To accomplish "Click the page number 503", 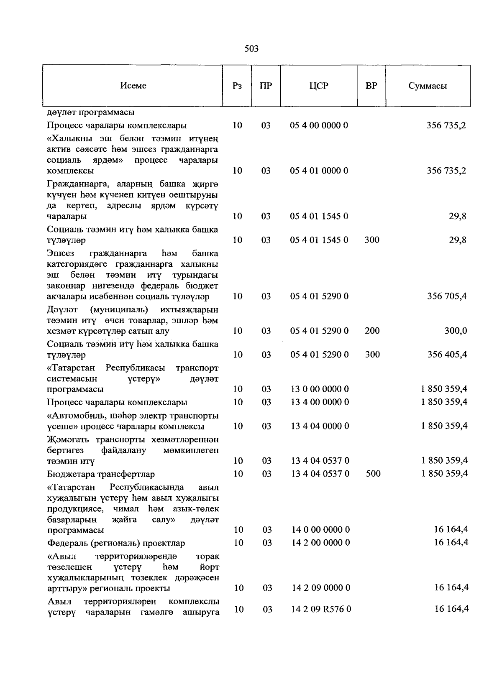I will click(251, 49).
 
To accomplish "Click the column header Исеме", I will click(133, 86).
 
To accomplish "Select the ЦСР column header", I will click(319, 86).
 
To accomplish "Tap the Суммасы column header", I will click(428, 86).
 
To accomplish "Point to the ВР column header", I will click(371, 86).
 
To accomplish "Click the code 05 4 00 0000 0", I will click(319, 125).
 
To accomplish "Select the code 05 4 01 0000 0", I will click(319, 171).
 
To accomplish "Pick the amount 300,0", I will click(455, 331).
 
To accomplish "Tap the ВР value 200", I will click(372, 331).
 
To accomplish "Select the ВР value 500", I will click(373, 474).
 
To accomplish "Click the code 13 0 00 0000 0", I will click(320, 389).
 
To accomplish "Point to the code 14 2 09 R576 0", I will click(321, 610).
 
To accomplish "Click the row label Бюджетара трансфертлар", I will click(101, 474).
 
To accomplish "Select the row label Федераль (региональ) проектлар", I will click(116, 543).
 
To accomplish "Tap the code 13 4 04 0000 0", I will click(320, 426).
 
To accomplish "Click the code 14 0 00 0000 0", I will click(320, 530).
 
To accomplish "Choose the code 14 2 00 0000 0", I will click(320, 543).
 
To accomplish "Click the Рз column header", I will click(237, 86).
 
